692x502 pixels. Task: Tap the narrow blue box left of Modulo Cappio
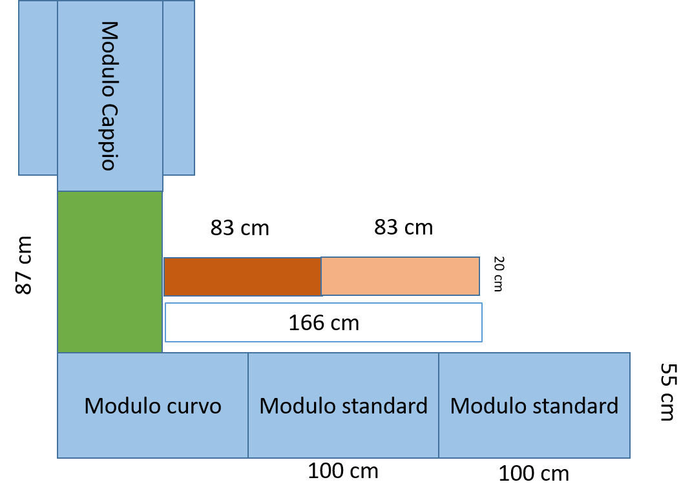click(38, 88)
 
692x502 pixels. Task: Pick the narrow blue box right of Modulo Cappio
click(178, 88)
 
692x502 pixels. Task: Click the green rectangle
click(110, 272)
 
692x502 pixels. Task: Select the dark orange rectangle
click(242, 277)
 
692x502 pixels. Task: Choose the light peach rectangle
click(401, 277)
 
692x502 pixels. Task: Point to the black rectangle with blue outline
click(324, 322)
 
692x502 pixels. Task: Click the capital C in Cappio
click(109, 111)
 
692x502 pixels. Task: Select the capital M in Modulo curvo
click(93, 406)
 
